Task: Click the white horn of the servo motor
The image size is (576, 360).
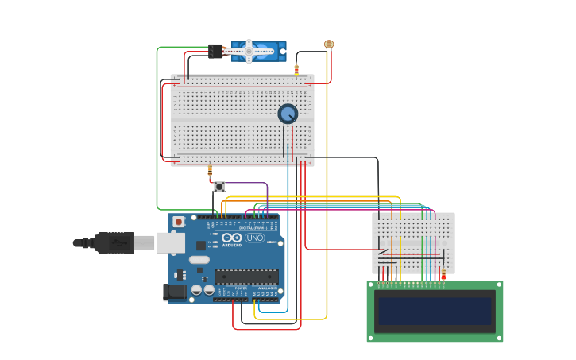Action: tap(249, 51)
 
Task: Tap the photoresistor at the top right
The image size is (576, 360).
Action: tap(329, 45)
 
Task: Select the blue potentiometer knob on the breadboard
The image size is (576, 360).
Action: tap(288, 114)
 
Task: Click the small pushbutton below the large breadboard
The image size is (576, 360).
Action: tap(218, 187)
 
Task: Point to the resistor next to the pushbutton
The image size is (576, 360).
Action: tap(210, 168)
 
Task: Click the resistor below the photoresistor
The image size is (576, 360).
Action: tap(296, 70)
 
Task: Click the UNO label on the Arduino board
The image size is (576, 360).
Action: tap(255, 238)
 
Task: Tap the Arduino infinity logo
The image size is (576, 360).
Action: tap(231, 238)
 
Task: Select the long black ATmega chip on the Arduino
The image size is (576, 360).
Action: tap(246, 277)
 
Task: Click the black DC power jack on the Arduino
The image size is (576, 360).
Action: tap(176, 292)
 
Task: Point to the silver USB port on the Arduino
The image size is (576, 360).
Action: tap(170, 242)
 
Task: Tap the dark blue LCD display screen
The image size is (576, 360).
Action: tap(435, 311)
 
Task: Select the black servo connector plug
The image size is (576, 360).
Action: tap(215, 52)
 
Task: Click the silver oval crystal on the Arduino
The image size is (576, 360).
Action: tap(199, 260)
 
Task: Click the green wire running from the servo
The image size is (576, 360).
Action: tap(157, 127)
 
